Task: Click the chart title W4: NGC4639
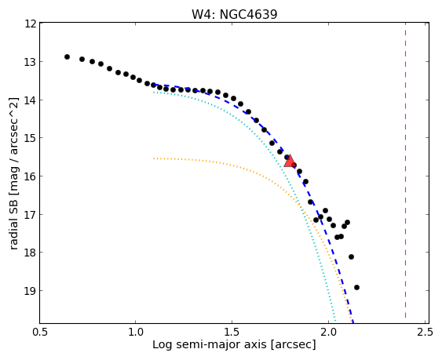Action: [234, 14]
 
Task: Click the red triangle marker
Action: [289, 161]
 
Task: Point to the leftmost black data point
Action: [67, 57]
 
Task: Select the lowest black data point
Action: [356, 287]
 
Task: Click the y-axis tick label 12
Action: [30, 24]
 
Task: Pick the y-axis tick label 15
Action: [30, 138]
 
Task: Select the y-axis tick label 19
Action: [30, 291]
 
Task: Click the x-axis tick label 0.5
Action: [40, 332]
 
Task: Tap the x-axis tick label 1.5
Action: [232, 332]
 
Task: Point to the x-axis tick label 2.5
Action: [425, 332]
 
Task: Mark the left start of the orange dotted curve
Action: [154, 158]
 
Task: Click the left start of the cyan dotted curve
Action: [154, 92]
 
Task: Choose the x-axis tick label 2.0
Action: [328, 332]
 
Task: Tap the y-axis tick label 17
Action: [30, 214]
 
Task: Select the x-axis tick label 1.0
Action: [135, 332]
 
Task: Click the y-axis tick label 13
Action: [30, 62]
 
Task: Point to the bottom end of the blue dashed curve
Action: [353, 322]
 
